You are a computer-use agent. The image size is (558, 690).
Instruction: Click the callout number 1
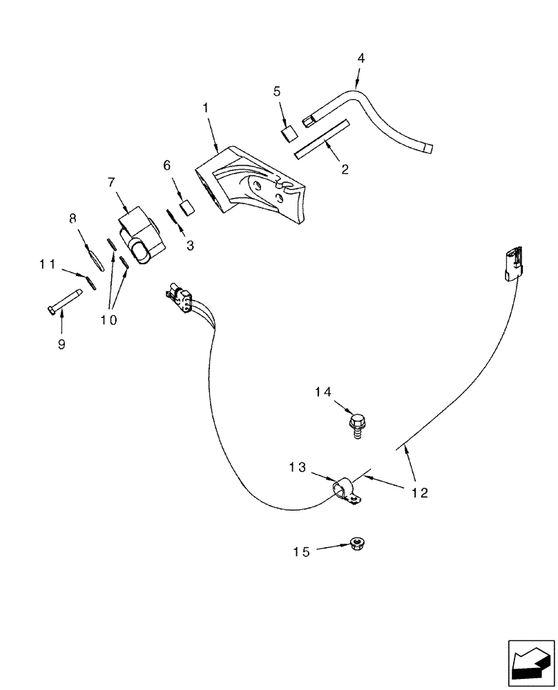205,108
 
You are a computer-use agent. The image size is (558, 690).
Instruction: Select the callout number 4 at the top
360,58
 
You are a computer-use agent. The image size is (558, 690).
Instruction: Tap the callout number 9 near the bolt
61,344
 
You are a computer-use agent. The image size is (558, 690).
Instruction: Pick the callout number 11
46,264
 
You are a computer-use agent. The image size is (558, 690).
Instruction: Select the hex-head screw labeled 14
358,424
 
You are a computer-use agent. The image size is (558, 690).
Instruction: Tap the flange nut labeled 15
357,543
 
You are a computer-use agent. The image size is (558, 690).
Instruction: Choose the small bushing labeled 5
289,132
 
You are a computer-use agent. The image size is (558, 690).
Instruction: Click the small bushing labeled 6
185,207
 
